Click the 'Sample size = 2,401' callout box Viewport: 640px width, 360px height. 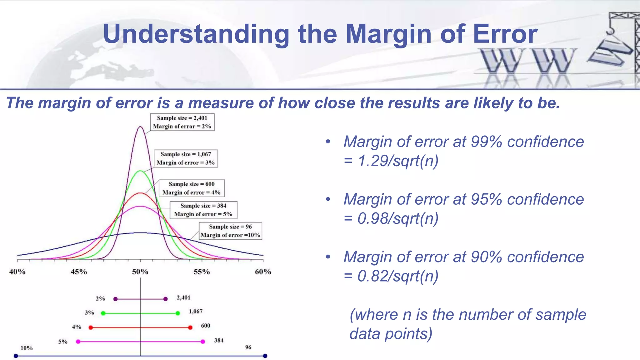[x=182, y=122]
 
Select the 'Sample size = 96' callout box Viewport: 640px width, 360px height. [x=230, y=231]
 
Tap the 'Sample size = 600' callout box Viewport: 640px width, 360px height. [x=192, y=188]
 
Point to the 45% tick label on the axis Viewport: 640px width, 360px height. [x=79, y=272]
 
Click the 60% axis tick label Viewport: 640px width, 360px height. [x=263, y=272]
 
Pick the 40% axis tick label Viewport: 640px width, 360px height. [x=17, y=272]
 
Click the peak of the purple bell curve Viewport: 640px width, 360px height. [x=140, y=127]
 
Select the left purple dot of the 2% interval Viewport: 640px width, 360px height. [x=115, y=299]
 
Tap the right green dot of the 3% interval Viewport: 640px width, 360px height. [x=178, y=313]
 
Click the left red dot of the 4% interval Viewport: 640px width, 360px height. [x=91, y=327]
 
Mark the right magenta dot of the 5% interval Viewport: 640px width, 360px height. [x=203, y=342]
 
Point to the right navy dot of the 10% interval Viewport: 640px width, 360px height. [x=265, y=356]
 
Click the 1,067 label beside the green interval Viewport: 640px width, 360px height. [x=196, y=311]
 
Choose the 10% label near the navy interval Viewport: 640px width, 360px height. [x=27, y=348]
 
